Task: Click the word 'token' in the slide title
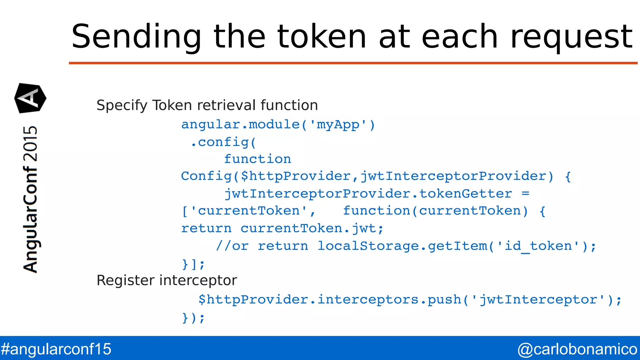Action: pos(322,37)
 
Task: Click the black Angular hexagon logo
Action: pos(30,98)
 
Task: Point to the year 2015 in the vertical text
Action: pos(31,144)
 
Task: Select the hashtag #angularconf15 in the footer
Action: pos(56,349)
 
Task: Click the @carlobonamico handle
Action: pos(577,349)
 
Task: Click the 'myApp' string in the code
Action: pos(338,125)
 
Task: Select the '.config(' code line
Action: pos(223,142)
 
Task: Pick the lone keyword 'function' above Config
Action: pos(257,159)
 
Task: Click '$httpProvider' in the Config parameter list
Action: pos(296,176)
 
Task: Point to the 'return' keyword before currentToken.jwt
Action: pos(207,228)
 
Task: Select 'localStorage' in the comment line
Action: pos(368,246)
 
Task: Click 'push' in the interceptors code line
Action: pos(444,300)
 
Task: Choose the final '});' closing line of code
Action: pos(193,318)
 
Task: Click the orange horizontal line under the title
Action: pos(353,63)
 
